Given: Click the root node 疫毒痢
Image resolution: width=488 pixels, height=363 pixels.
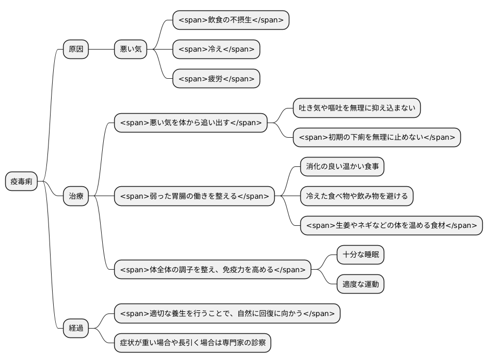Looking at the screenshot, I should tap(21, 181).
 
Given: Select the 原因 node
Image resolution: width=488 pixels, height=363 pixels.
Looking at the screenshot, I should tap(76, 50).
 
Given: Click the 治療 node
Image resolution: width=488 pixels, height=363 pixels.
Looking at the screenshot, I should tap(76, 197).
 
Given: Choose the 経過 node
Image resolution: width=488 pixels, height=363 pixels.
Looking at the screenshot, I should tap(76, 329).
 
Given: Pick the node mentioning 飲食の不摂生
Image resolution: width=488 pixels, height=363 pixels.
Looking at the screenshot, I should tap(230, 20).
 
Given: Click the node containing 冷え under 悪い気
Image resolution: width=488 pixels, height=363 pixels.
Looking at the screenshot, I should tap(216, 50).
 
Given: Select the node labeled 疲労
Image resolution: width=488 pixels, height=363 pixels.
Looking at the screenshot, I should tap(216, 79).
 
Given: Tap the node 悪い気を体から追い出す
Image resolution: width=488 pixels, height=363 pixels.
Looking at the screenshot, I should tap(190, 123).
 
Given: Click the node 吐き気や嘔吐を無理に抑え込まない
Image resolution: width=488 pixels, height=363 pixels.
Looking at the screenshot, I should tap(357, 108).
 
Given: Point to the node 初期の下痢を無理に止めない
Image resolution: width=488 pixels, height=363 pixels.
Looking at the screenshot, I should tap(377, 138).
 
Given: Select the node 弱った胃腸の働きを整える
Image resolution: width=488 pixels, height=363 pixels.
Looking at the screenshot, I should tap(194, 197).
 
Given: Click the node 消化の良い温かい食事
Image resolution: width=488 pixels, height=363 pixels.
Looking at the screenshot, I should tap(342, 167).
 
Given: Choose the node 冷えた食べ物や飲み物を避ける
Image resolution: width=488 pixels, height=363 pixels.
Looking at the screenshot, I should tap(357, 197).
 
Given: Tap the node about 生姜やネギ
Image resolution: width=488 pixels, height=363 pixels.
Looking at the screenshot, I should tap(391, 226).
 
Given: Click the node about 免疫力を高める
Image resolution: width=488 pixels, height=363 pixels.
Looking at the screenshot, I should tap(212, 270).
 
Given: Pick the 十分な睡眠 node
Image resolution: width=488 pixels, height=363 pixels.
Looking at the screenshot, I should tap(360, 255).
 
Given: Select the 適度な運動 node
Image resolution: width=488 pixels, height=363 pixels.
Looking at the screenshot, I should tap(360, 284).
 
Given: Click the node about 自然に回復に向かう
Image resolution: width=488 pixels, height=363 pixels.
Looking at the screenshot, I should tap(227, 314).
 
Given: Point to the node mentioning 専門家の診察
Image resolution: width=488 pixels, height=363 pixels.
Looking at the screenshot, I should tap(193, 343).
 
